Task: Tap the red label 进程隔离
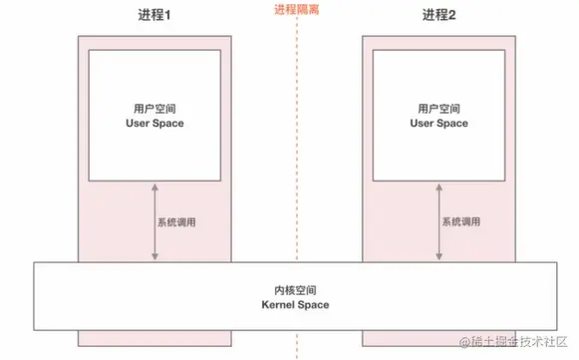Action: (297, 10)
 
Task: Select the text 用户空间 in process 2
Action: (437, 108)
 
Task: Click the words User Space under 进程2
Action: (437, 123)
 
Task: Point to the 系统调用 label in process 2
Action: (460, 222)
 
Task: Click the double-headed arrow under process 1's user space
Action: (153, 222)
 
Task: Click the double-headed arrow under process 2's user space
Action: (438, 222)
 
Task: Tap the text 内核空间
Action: (295, 289)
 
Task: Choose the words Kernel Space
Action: (295, 304)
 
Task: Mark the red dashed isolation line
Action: (296, 150)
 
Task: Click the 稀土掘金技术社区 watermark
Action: (508, 342)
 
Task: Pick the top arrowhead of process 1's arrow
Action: (153, 186)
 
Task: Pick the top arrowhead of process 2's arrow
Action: (438, 186)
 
